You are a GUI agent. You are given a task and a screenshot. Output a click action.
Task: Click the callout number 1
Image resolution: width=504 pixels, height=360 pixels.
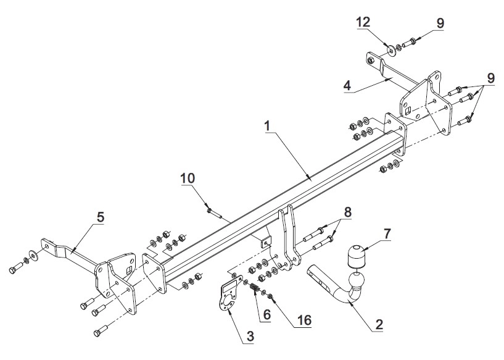click(x=268, y=126)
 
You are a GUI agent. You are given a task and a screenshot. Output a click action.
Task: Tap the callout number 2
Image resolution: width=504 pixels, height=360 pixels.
click(x=379, y=324)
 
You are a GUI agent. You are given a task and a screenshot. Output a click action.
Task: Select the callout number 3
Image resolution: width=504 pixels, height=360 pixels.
click(x=250, y=336)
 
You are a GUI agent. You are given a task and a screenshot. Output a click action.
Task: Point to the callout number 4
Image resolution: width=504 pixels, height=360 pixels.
click(x=347, y=85)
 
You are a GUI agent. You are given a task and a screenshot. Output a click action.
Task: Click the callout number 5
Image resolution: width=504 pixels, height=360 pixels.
click(x=101, y=217)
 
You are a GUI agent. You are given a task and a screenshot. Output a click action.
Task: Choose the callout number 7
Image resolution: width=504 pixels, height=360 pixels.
click(x=387, y=234)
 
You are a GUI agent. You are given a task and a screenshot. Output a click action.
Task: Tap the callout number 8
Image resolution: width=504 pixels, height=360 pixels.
click(x=347, y=212)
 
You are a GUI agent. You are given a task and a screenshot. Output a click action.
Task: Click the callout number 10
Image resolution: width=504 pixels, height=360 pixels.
click(x=188, y=178)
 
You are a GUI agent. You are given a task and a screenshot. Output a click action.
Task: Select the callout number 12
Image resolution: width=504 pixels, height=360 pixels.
click(x=363, y=22)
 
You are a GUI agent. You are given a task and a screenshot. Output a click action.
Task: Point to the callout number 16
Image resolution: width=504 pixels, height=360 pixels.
click(x=304, y=320)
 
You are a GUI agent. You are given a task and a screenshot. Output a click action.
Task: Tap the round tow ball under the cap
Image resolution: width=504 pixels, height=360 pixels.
click(x=356, y=280)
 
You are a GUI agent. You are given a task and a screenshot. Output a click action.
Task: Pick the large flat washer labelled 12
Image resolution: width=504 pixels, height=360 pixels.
click(x=391, y=51)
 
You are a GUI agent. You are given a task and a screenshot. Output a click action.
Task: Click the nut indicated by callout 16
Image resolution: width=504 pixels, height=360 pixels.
click(x=270, y=295)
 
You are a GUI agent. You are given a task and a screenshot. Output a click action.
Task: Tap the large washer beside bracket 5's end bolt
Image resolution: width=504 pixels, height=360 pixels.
click(x=33, y=254)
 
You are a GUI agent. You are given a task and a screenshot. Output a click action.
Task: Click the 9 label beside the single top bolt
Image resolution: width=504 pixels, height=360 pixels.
click(x=440, y=23)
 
